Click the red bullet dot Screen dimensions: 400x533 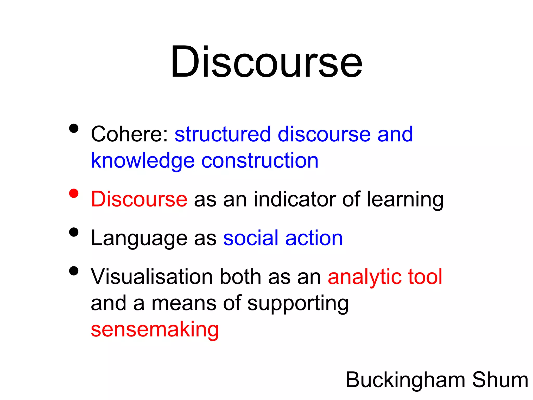click(x=74, y=193)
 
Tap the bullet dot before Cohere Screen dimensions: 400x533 click(x=74, y=128)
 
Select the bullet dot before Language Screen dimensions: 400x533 click(x=74, y=232)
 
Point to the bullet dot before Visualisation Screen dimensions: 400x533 click(x=74, y=271)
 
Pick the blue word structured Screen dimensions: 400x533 click(x=223, y=134)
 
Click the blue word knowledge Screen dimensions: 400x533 click(x=143, y=161)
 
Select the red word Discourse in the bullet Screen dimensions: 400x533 click(x=139, y=199)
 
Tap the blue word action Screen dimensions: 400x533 click(x=314, y=238)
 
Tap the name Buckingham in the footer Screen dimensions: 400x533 click(x=405, y=380)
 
